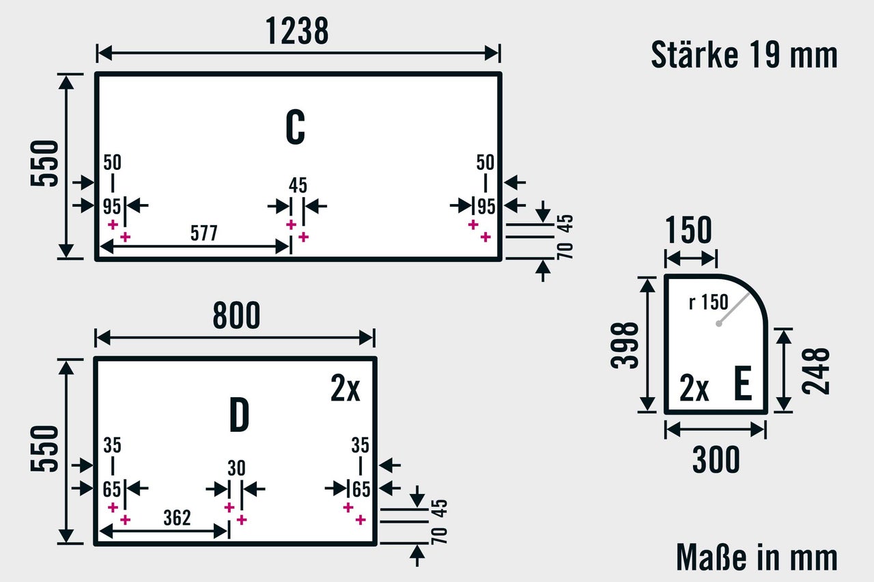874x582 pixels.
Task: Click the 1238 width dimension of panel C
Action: coord(297,31)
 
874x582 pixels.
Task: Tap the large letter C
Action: coord(295,127)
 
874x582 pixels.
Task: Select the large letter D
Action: coord(238,416)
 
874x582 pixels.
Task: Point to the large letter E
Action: coord(743,385)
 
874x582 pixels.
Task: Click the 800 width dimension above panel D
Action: coord(236,316)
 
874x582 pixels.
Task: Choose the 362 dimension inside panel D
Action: coord(177,518)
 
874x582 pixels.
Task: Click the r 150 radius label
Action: coord(709,302)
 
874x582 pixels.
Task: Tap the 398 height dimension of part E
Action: coord(625,345)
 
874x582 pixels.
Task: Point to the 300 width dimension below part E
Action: coord(716,461)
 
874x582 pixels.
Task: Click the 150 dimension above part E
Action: coord(688,231)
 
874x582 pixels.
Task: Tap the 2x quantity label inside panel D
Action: coord(345,390)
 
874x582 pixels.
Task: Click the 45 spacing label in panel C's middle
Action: coord(298,185)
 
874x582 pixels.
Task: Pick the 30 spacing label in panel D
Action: coord(236,468)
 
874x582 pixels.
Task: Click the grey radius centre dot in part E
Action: coord(718,323)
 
